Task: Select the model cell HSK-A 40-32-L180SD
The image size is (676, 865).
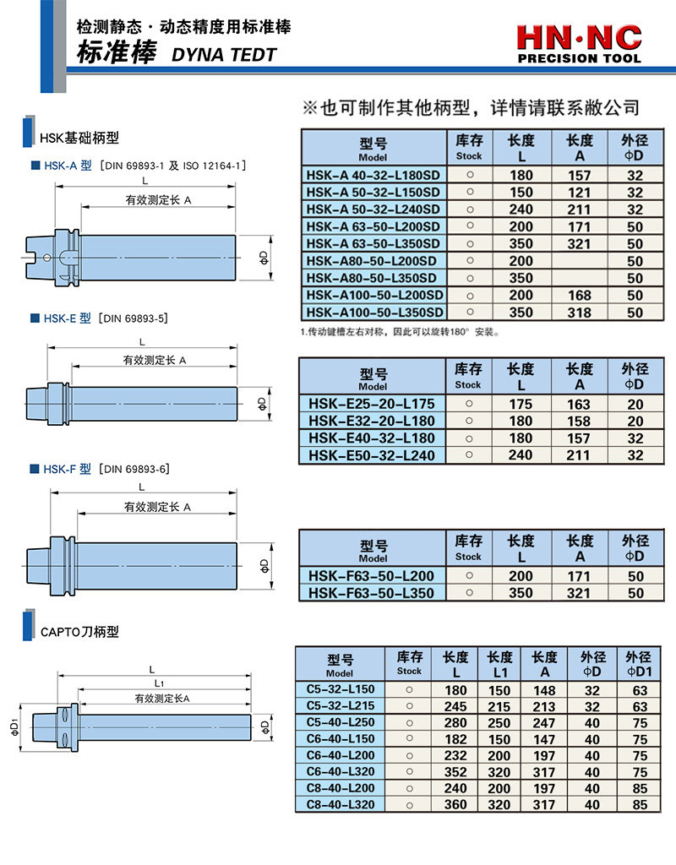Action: pyautogui.click(x=373, y=176)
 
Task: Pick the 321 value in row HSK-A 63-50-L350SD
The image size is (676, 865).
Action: pyautogui.click(x=579, y=244)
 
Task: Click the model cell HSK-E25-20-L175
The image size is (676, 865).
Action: pyautogui.click(x=372, y=404)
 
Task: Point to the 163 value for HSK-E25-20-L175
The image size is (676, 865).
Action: pyautogui.click(x=579, y=404)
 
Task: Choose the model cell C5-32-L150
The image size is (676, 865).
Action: pyautogui.click(x=340, y=689)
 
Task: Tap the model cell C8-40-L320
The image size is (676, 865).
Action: pyautogui.click(x=340, y=804)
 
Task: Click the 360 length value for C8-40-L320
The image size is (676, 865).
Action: pyautogui.click(x=455, y=805)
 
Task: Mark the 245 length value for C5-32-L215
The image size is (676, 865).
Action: pyautogui.click(x=455, y=706)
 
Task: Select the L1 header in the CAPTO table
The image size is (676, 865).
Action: pyautogui.click(x=500, y=663)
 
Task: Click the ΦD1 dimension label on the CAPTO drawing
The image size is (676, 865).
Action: pyautogui.click(x=15, y=726)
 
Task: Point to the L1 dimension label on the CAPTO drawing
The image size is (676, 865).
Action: pyautogui.click(x=159, y=682)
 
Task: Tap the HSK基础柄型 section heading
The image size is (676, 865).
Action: pyautogui.click(x=79, y=137)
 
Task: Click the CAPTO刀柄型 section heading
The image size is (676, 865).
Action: pyautogui.click(x=79, y=631)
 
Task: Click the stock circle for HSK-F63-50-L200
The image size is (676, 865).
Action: pyautogui.click(x=468, y=576)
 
